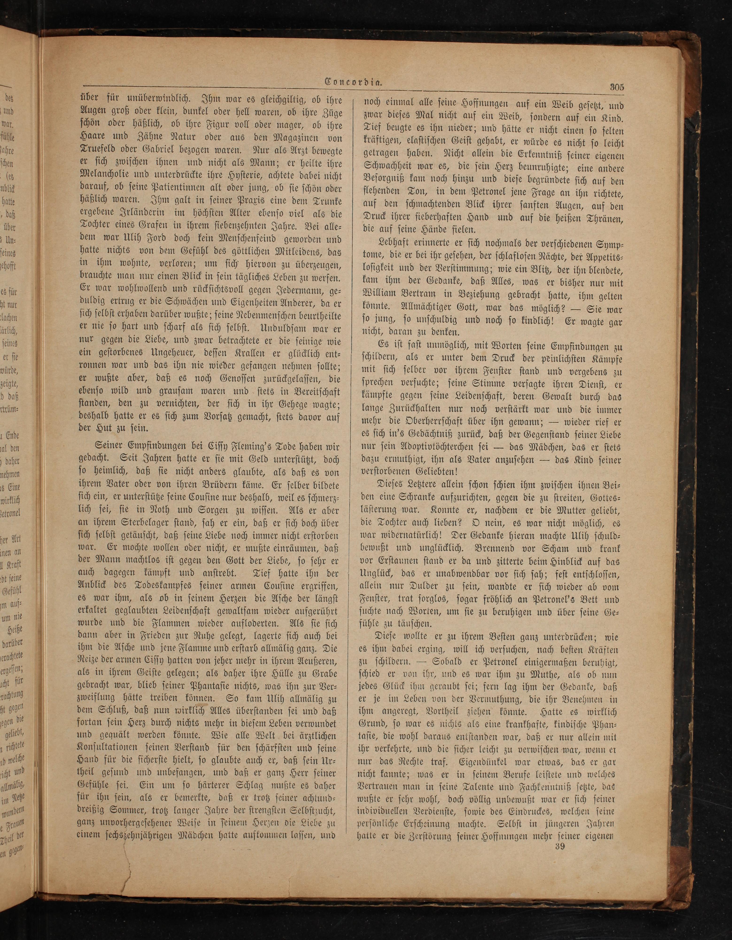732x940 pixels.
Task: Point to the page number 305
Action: pos(617,86)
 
